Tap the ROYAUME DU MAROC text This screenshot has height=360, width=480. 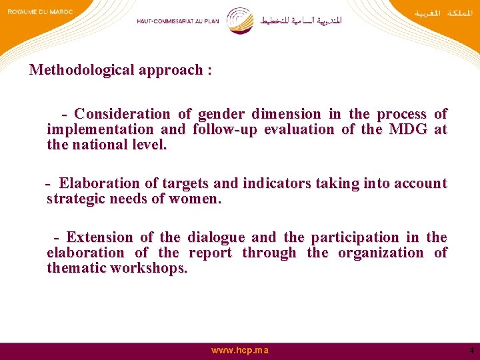pyautogui.click(x=40, y=12)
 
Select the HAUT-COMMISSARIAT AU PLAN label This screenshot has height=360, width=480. pyautogui.click(x=177, y=21)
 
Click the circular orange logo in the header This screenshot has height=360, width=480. pyautogui.click(x=240, y=21)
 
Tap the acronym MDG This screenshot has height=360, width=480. pyautogui.click(x=408, y=129)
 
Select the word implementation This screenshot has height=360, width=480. pyautogui.click(x=91, y=129)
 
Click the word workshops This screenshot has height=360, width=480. pyautogui.click(x=149, y=268)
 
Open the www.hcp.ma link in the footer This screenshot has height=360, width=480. pyautogui.click(x=240, y=351)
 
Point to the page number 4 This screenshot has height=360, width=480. pyautogui.click(x=471, y=351)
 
